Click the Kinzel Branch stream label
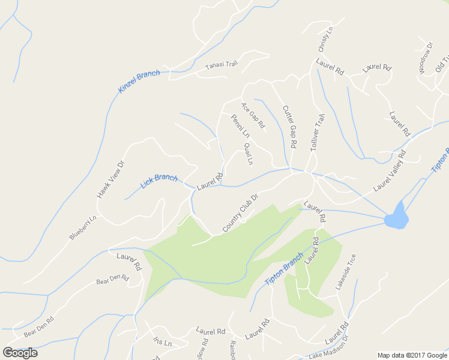click(x=139, y=82)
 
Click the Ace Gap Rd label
click(x=253, y=115)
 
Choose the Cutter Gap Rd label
click(x=289, y=127)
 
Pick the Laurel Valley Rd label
click(x=390, y=171)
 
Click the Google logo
click(x=20, y=353)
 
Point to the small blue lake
click(x=396, y=217)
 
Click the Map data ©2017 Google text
click(x=411, y=355)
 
